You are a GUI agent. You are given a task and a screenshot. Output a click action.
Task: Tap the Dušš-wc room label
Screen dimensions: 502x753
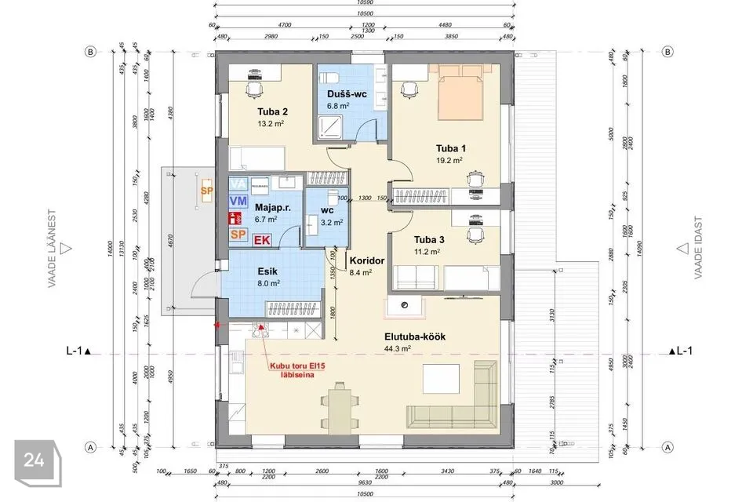click(347, 93)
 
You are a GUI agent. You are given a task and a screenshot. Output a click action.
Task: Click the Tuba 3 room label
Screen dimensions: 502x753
click(428, 240)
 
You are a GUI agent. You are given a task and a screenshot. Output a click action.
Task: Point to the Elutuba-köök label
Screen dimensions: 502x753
click(414, 336)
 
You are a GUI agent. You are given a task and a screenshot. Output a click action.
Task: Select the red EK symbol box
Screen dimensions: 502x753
click(262, 239)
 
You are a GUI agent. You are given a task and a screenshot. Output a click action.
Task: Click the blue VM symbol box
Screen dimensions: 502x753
click(238, 201)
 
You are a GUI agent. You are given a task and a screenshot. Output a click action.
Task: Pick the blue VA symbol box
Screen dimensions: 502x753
click(238, 184)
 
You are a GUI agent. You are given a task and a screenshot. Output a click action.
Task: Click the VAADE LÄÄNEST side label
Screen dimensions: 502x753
click(53, 249)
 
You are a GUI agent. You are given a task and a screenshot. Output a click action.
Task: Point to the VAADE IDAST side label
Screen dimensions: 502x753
click(696, 249)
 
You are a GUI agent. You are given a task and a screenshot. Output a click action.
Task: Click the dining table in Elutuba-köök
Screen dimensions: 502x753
click(339, 405)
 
